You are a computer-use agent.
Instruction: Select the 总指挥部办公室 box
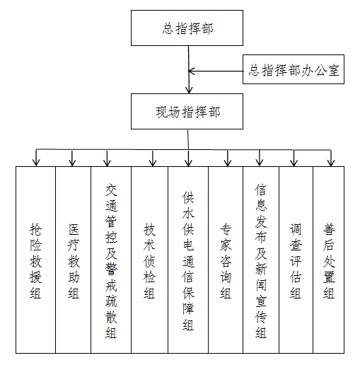click(294, 71)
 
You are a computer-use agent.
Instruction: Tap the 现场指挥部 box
click(187, 112)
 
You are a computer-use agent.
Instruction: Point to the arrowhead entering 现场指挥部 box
click(188, 91)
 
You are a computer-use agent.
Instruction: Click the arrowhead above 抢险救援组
click(36, 162)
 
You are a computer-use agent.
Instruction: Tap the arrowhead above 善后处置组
click(330, 162)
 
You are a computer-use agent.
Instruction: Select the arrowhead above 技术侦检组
click(151, 162)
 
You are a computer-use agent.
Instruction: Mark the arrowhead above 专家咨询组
click(226, 162)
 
